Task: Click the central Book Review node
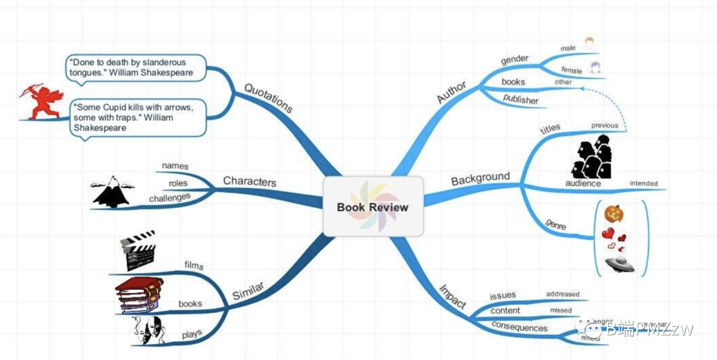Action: click(372, 207)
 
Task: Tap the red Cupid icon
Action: click(40, 102)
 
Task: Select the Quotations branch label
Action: click(268, 98)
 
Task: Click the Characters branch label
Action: click(250, 181)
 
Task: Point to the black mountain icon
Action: click(114, 192)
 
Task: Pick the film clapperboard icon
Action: click(137, 250)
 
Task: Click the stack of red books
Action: click(139, 295)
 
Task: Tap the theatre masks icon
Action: click(147, 329)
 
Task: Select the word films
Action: click(193, 266)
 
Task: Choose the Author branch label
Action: click(451, 92)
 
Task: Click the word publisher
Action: click(520, 100)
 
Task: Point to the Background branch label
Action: click(480, 179)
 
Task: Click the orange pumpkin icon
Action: click(614, 214)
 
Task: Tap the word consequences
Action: click(519, 327)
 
